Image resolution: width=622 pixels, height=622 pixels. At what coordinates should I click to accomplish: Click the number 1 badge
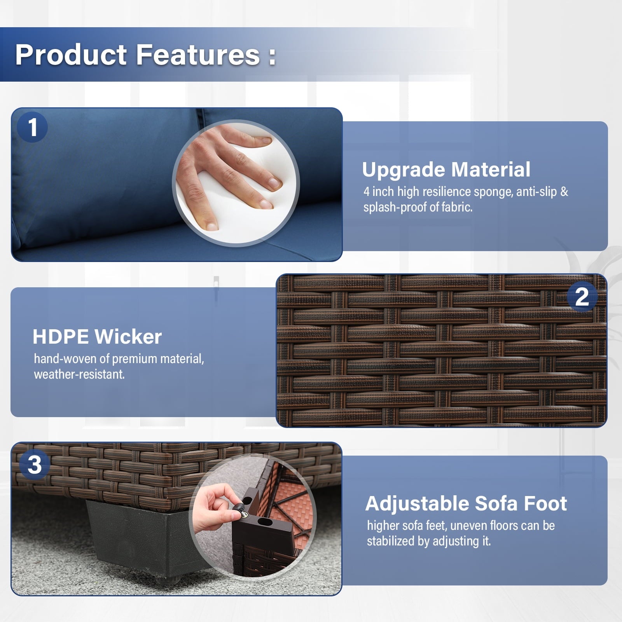coord(32,127)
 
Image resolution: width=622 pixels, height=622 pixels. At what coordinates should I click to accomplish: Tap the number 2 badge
coord(582,297)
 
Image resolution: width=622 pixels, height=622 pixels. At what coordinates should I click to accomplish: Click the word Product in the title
coord(71,54)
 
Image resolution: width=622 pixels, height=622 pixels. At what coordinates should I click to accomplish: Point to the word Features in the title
coord(197,54)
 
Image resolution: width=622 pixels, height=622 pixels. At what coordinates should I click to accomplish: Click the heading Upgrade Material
coord(446,169)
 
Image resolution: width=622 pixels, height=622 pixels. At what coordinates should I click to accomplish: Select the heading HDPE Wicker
coord(97,337)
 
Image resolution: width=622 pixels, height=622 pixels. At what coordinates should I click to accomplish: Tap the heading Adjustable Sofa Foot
coord(466,503)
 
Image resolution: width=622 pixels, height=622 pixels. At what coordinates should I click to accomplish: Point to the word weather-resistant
coord(79,374)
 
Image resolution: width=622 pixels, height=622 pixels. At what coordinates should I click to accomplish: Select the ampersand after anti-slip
coord(564,192)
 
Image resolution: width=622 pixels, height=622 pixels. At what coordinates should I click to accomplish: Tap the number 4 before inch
coord(366,192)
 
